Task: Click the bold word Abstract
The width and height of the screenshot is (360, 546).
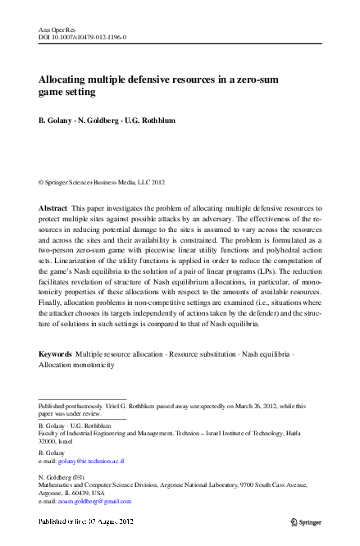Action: (53, 209)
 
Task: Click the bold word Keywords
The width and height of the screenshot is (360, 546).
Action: (56, 353)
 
